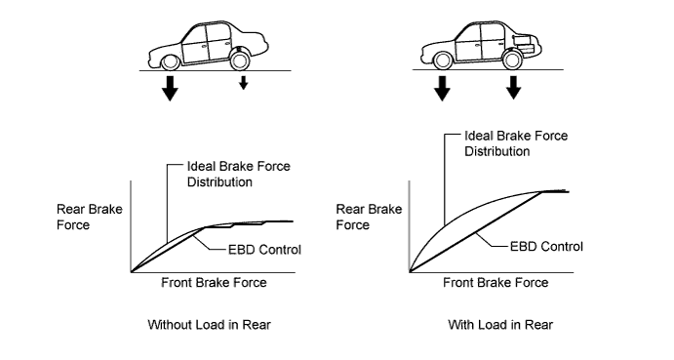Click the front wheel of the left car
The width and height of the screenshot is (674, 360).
pyautogui.click(x=171, y=61)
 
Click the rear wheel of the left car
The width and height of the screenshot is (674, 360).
pyautogui.click(x=240, y=60)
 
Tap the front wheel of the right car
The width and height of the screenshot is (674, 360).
pyautogui.click(x=442, y=60)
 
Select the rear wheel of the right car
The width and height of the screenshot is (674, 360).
pyautogui.click(x=512, y=60)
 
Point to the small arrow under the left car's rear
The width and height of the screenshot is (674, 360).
pyautogui.click(x=243, y=83)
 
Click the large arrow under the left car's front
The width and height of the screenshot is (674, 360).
pyautogui.click(x=171, y=88)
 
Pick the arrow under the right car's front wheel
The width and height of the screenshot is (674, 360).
pyautogui.click(x=442, y=88)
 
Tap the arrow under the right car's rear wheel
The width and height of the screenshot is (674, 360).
pyautogui.click(x=513, y=87)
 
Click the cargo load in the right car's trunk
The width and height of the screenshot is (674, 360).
pyautogui.click(x=525, y=45)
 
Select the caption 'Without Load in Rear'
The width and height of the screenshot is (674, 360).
pyautogui.click(x=210, y=324)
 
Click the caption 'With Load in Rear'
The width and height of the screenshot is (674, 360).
pyautogui.click(x=500, y=324)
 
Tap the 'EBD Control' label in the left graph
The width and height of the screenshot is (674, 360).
pyautogui.click(x=264, y=250)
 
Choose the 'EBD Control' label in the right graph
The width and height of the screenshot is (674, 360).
pyautogui.click(x=546, y=247)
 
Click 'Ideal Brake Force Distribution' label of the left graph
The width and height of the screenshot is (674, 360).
pyautogui.click(x=239, y=174)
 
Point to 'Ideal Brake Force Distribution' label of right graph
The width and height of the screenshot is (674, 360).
pyautogui.click(x=516, y=143)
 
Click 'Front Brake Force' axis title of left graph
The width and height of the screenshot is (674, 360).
pyautogui.click(x=214, y=283)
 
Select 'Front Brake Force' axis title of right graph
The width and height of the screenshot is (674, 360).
pyautogui.click(x=496, y=283)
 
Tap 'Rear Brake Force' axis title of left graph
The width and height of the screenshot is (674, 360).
pyautogui.click(x=90, y=217)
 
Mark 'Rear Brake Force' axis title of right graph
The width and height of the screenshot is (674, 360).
pyautogui.click(x=369, y=217)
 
